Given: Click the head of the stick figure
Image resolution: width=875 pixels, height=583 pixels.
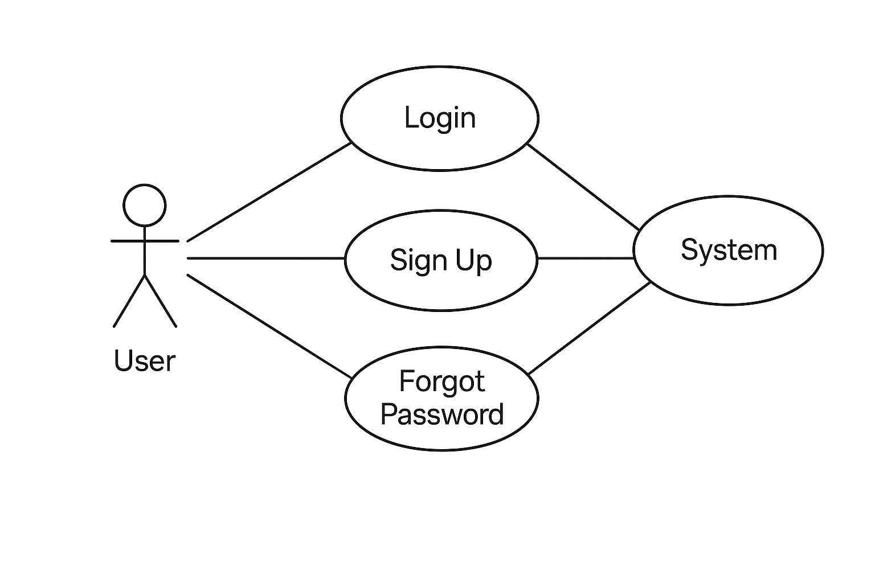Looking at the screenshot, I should [x=145, y=205].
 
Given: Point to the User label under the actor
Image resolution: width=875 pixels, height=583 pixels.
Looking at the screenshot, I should [x=145, y=360].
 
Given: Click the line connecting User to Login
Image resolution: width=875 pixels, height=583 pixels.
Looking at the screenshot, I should [x=268, y=192].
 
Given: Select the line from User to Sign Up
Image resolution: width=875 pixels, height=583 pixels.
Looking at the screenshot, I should [x=265, y=258].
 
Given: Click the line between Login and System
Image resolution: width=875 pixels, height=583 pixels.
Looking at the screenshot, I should [x=582, y=187].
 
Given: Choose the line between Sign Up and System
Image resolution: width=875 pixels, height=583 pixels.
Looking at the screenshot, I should [x=586, y=258].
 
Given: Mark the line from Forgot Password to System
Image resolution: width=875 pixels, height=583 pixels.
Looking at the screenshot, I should [x=589, y=328].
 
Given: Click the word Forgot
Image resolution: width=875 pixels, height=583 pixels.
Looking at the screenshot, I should [x=441, y=381].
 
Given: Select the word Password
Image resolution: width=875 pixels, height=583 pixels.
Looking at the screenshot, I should [x=441, y=414].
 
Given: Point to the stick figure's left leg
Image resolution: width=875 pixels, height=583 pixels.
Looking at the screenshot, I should [x=130, y=301].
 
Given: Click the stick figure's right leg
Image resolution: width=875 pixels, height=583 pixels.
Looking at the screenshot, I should [x=161, y=301].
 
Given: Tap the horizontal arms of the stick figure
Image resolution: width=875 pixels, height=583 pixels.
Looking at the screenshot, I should [x=145, y=241].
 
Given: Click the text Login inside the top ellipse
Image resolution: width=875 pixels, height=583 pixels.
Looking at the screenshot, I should [x=439, y=118].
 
